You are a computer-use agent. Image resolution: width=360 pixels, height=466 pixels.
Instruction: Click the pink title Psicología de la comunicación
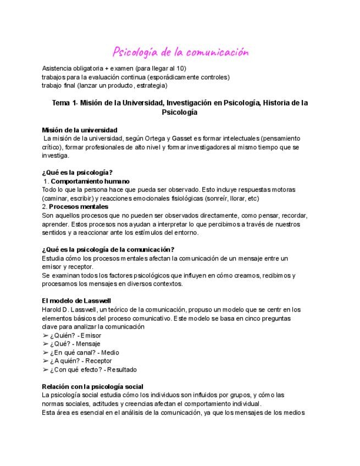pos(180,53)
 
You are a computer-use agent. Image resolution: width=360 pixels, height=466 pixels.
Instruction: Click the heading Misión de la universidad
pos(80,130)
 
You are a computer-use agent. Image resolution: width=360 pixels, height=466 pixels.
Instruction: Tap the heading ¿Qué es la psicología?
pos(77,173)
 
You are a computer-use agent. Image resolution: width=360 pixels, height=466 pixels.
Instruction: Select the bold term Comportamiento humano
pos(90,181)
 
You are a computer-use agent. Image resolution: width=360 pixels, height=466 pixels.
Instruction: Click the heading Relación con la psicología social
pos(92,386)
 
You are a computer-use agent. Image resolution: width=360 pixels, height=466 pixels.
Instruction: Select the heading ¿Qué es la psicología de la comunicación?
pos(108,249)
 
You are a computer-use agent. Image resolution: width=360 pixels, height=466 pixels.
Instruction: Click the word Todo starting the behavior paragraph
pos(49,190)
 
